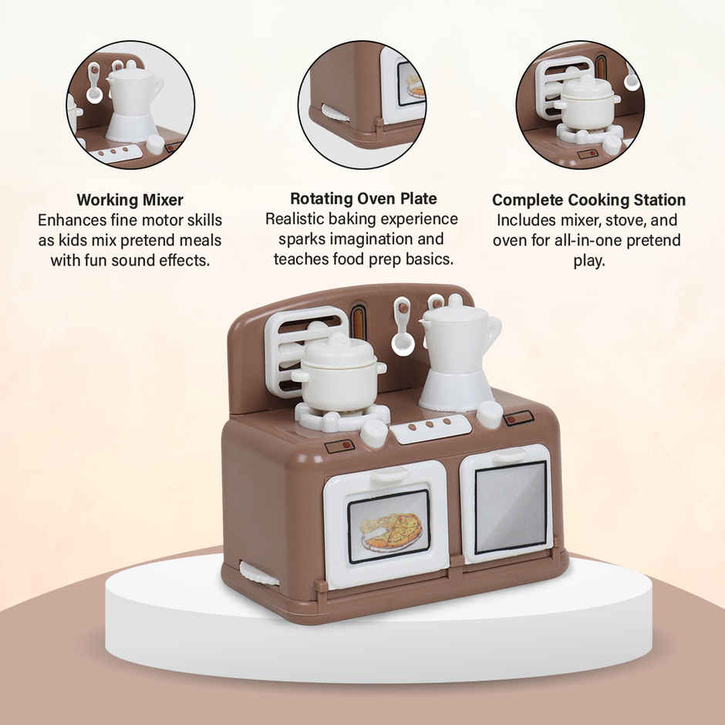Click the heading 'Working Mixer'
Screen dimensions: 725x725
(x=130, y=201)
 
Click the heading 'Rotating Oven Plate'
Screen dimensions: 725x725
(x=363, y=198)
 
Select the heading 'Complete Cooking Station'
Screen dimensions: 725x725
(x=588, y=200)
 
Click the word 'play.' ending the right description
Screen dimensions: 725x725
(x=588, y=261)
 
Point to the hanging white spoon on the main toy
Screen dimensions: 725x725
(x=402, y=328)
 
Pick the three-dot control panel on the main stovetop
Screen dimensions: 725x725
(x=430, y=427)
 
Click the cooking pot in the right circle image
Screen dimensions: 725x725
(x=586, y=104)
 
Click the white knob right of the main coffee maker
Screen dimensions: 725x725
(x=489, y=414)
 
